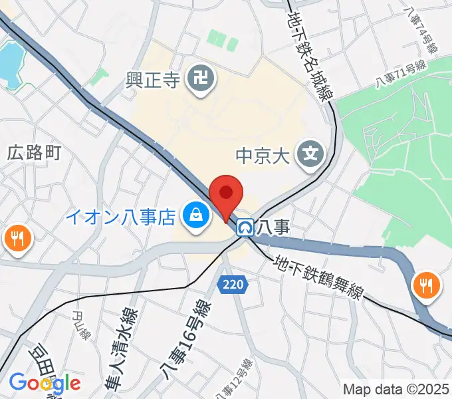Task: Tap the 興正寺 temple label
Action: point(153,81)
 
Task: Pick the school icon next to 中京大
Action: point(310,154)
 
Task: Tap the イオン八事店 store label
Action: point(120,216)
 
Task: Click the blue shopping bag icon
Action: point(196,215)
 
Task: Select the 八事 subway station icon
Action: point(246,228)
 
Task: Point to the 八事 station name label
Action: point(275,227)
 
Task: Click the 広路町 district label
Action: point(34,153)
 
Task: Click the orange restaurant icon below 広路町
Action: point(17,237)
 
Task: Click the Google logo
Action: point(45,383)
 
